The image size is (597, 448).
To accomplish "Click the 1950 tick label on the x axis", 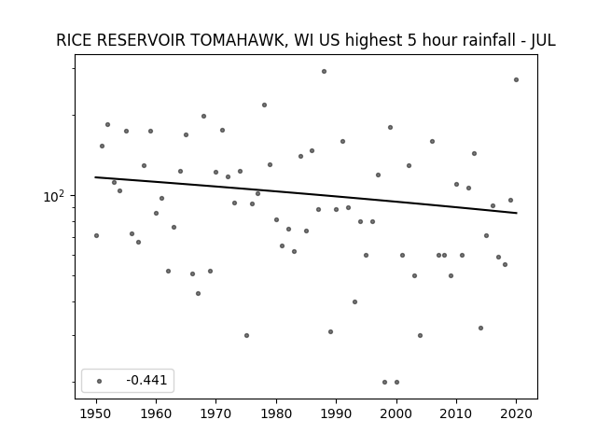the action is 96,413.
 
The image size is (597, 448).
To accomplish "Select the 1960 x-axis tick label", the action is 156,413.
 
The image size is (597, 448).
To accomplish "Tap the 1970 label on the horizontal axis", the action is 215,413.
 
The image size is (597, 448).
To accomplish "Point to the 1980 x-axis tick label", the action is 276,413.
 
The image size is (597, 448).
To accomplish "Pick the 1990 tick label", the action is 336,413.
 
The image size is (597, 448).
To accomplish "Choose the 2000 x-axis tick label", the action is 396,413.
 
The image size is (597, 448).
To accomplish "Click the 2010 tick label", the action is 456,413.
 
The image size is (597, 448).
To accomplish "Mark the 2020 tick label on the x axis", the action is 516,413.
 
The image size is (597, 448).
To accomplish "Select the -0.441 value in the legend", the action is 146,380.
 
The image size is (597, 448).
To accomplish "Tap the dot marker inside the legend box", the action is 99,381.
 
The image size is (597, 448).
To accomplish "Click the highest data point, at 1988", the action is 324,71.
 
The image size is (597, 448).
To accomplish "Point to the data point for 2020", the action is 516,79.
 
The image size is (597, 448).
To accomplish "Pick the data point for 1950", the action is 96,235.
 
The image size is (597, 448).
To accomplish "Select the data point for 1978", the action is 264,105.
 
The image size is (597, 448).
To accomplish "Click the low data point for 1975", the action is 246,335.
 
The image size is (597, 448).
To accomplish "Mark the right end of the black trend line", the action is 517,213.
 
